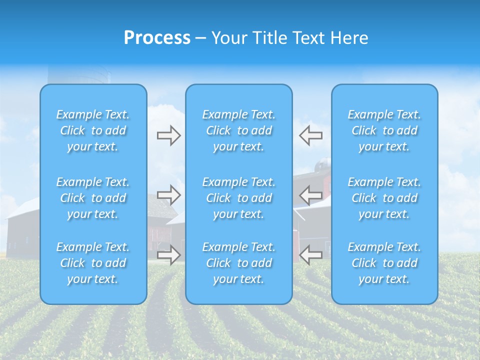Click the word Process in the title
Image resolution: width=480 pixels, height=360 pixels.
[x=157, y=38]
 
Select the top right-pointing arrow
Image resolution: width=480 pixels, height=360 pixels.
[x=168, y=135]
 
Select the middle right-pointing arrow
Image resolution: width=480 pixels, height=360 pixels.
[x=168, y=194]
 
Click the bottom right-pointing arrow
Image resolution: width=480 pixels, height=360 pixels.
[x=168, y=254]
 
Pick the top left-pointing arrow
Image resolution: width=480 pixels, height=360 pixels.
[x=310, y=135]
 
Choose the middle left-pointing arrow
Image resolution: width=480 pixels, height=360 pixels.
[x=310, y=194]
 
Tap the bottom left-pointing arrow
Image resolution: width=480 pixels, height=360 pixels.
[x=310, y=254]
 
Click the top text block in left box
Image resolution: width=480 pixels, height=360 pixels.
[x=93, y=130]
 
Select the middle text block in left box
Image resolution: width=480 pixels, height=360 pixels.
[x=93, y=198]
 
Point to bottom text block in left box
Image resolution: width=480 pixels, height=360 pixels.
[x=93, y=263]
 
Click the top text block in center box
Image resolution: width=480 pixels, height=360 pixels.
[x=239, y=130]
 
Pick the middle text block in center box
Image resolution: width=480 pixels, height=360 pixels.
[x=239, y=198]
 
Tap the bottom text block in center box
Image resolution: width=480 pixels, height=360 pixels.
[x=239, y=263]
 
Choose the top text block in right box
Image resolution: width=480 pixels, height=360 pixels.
[x=384, y=130]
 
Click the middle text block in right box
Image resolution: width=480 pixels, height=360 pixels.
[x=384, y=198]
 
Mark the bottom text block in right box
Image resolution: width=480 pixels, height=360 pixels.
[x=384, y=263]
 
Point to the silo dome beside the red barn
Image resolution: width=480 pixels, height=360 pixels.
[x=323, y=162]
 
